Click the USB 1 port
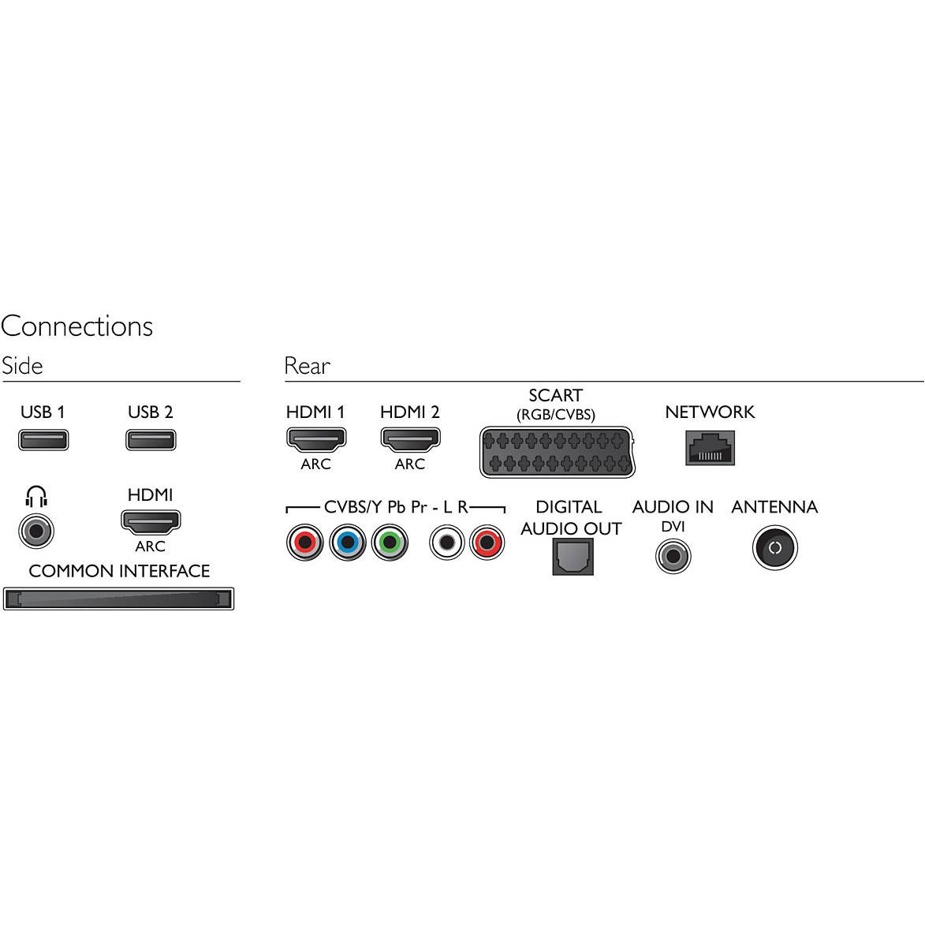pyautogui.click(x=43, y=439)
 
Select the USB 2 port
pyautogui.click(x=151, y=439)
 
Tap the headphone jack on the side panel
pyautogui.click(x=36, y=531)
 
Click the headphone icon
pyautogui.click(x=36, y=497)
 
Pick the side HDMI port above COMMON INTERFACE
pyautogui.click(x=151, y=521)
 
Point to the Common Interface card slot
pyautogui.click(x=118, y=599)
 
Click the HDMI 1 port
pyautogui.click(x=315, y=439)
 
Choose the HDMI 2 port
pyautogui.click(x=410, y=439)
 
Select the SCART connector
pyautogui.click(x=557, y=452)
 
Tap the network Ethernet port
pyautogui.click(x=710, y=448)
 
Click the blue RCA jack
pyautogui.click(x=348, y=542)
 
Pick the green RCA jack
pyautogui.click(x=390, y=542)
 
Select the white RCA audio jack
pyautogui.click(x=446, y=542)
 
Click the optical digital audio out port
pyautogui.click(x=573, y=557)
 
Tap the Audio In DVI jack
pyautogui.click(x=673, y=556)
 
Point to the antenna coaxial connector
pyautogui.click(x=775, y=548)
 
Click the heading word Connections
pyautogui.click(x=76, y=326)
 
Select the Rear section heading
pyautogui.click(x=308, y=366)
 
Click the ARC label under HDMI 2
pyautogui.click(x=410, y=464)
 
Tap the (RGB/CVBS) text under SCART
pyautogui.click(x=556, y=415)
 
